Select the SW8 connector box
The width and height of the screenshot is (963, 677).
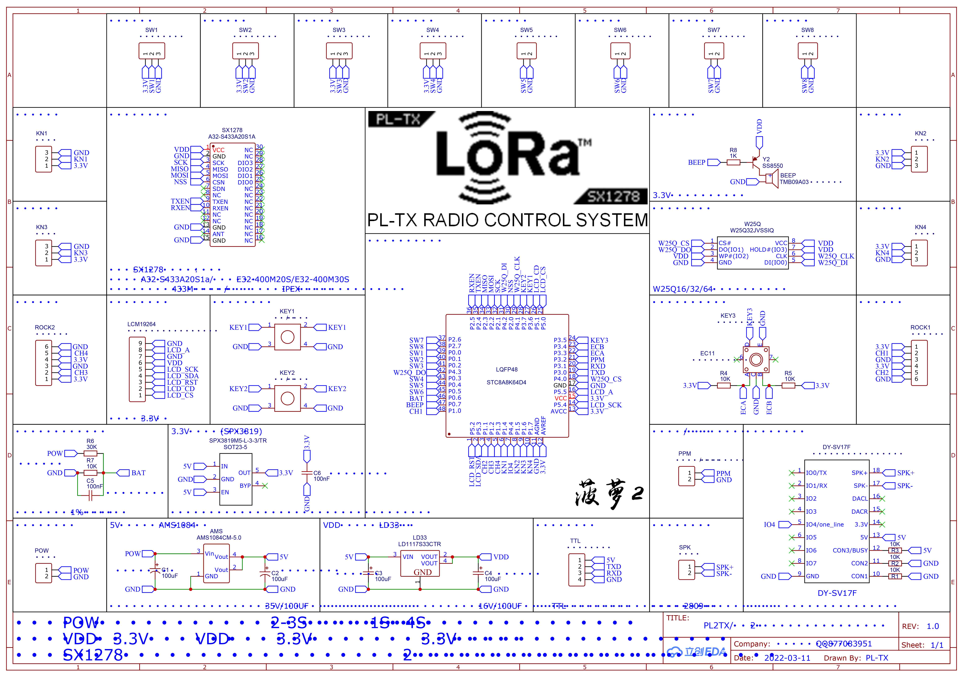[x=807, y=51]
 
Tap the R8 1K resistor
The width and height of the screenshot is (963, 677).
[x=733, y=162]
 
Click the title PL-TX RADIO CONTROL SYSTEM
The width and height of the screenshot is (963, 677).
[x=508, y=220]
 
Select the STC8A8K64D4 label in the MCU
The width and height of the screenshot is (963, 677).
[x=506, y=382]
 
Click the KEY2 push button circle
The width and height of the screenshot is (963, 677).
[x=287, y=398]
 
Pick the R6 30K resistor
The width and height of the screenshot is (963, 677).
[x=91, y=453]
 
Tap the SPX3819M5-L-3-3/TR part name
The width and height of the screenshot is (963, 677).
[x=238, y=441]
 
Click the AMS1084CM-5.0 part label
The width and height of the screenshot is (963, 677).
[x=219, y=538]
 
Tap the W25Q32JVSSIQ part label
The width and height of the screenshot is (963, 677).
[x=752, y=230]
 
